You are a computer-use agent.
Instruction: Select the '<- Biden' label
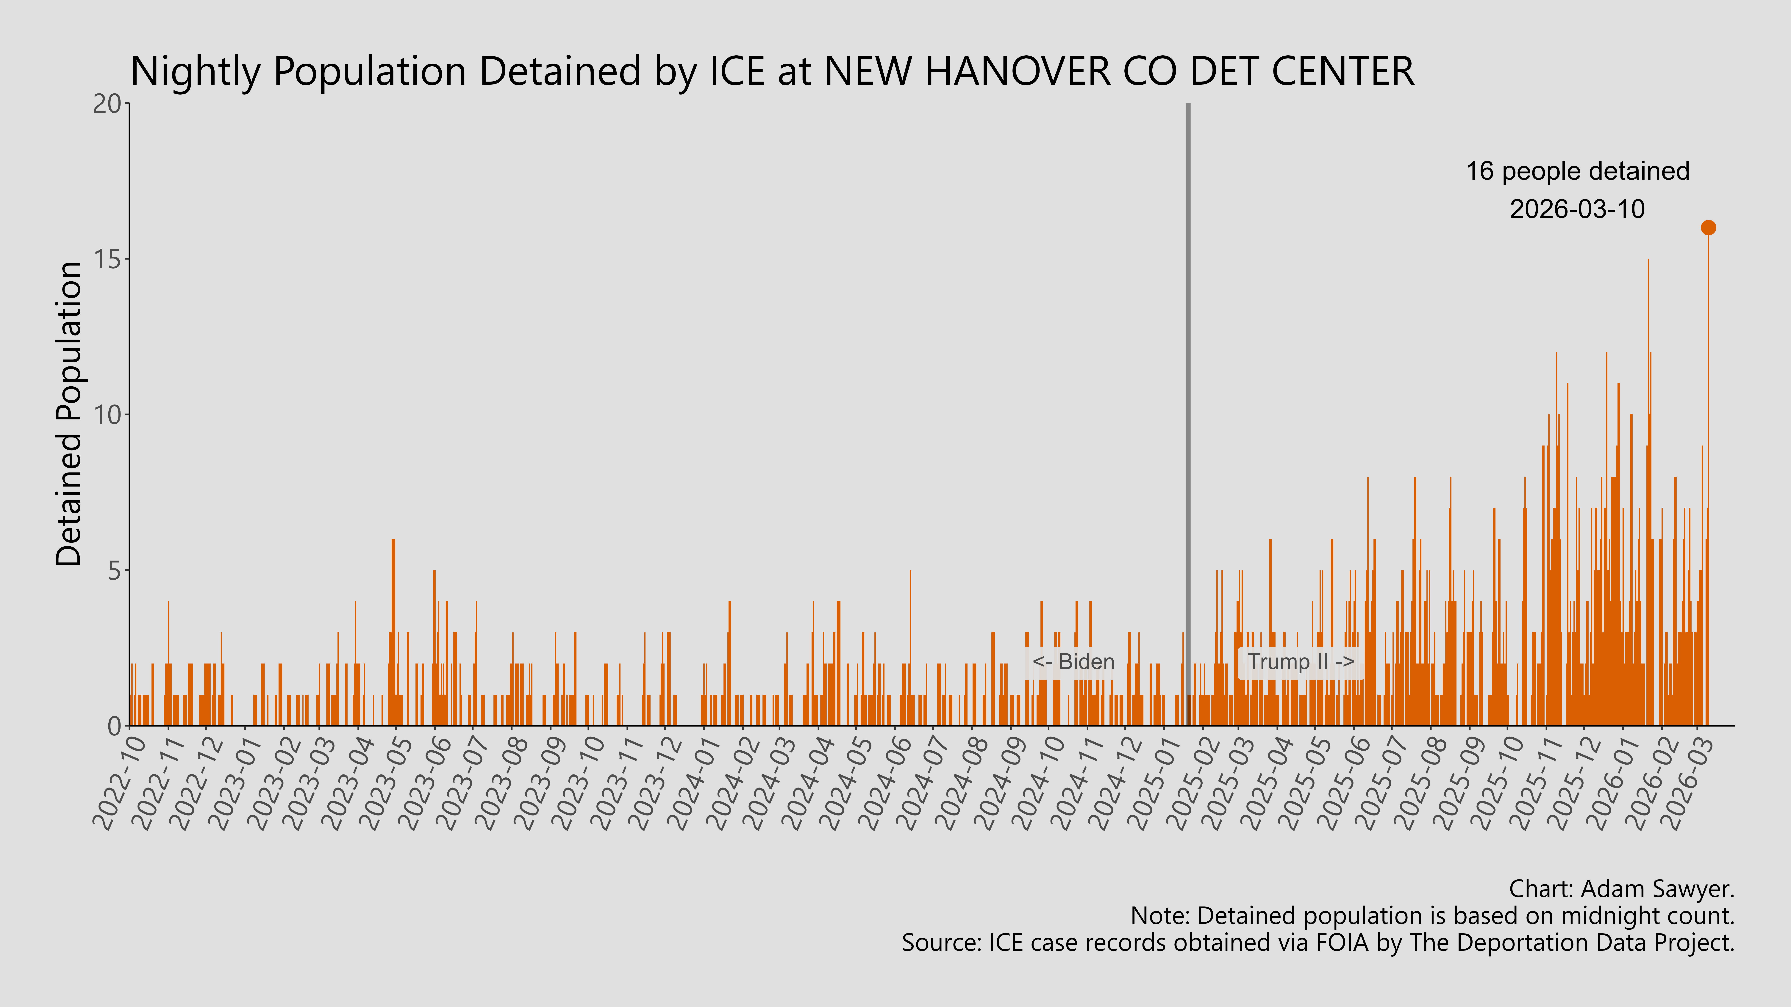point(1073,662)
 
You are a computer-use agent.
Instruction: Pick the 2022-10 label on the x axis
point(120,783)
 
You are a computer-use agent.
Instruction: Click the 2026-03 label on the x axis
point(1688,783)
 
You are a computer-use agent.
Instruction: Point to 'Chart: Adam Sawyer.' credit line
point(1621,889)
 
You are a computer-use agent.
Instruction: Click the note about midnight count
point(1432,916)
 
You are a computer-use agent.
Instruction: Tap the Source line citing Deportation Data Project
point(1318,943)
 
